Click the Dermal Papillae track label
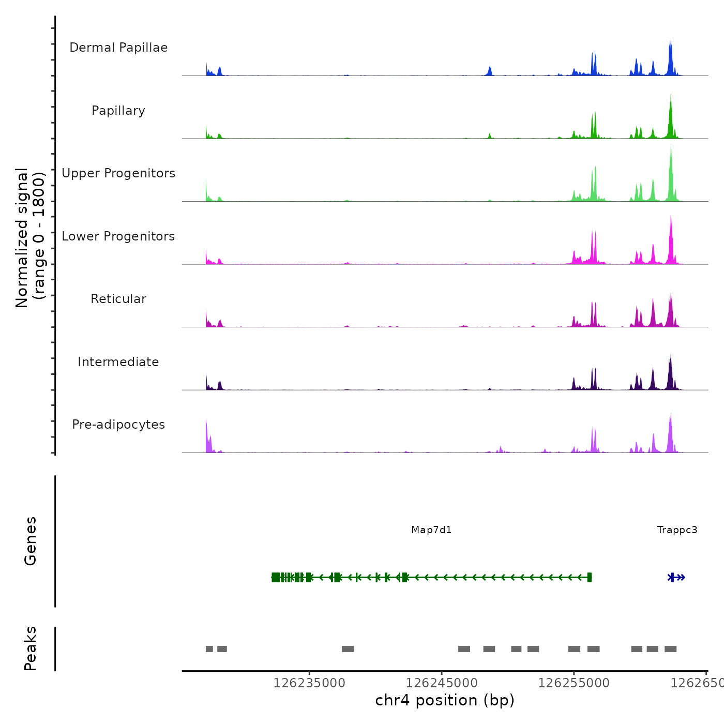tap(118, 48)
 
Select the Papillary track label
tap(118, 111)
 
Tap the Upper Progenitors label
tap(118, 173)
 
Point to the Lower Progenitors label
tap(118, 236)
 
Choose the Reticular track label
tap(118, 299)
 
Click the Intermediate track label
tap(118, 362)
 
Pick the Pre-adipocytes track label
tap(118, 425)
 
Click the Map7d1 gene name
tap(431, 530)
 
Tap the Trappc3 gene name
tap(677, 530)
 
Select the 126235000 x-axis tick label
tap(309, 683)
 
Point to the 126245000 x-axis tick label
tap(442, 683)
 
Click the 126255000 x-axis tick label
tap(574, 683)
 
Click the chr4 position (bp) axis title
tap(445, 700)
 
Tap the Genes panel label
tap(31, 541)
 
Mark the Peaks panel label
tap(31, 648)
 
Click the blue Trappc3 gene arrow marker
tap(677, 578)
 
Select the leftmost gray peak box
tap(209, 649)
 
